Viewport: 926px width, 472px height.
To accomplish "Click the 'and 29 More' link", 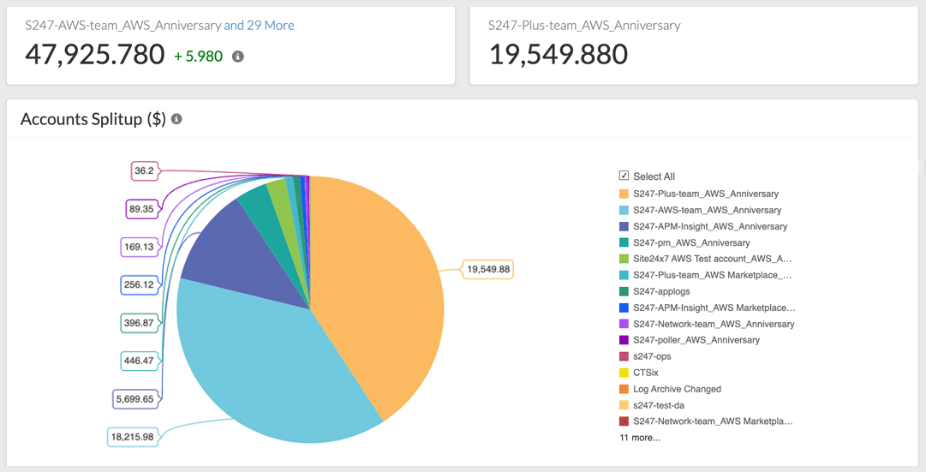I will (x=259, y=26).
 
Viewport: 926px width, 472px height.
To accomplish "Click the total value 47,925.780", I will (x=94, y=55).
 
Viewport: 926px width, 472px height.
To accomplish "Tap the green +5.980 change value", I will (x=199, y=57).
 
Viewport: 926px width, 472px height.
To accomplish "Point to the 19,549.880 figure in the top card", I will (x=558, y=55).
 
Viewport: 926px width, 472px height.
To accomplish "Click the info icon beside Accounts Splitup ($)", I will (x=176, y=119).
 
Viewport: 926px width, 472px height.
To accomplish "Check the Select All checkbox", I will (x=624, y=176).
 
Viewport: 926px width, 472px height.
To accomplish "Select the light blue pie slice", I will (x=257, y=360).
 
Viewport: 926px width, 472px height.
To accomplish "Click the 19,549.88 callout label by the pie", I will (x=488, y=270).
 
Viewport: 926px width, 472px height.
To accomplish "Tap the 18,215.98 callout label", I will (x=132, y=437).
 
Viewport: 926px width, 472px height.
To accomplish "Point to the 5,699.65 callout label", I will (x=135, y=398).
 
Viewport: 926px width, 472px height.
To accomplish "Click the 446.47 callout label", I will (x=139, y=361).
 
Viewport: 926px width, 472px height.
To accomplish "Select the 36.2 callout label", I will (x=144, y=171).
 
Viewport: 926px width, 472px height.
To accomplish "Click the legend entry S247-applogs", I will (x=660, y=291).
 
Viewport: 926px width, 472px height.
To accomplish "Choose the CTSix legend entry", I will (x=644, y=373).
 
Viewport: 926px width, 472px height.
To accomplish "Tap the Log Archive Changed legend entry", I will (x=677, y=389).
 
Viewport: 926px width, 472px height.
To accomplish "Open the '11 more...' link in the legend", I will (x=640, y=438).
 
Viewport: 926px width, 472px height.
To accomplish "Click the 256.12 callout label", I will (x=139, y=284).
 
